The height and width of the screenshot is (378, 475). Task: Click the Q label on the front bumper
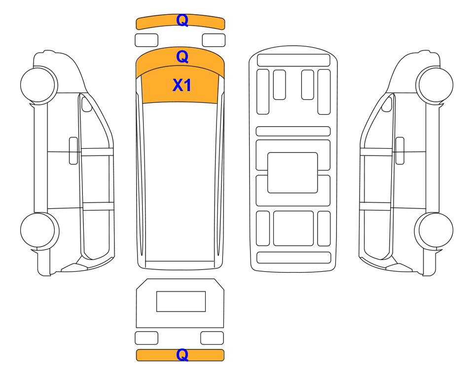[183, 21]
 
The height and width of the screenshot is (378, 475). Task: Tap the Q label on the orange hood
[183, 57]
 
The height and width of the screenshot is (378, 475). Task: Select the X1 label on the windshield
[182, 85]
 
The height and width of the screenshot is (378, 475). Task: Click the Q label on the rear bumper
[183, 355]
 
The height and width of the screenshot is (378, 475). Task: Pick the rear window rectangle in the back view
[181, 301]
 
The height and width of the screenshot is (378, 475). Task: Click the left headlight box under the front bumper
[146, 40]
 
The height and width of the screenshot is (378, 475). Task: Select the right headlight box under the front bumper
[214, 40]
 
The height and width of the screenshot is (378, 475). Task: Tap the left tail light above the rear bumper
[146, 338]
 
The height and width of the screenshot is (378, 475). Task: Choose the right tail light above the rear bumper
[212, 338]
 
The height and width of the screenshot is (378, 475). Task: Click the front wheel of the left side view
[39, 85]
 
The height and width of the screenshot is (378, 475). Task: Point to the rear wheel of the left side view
[39, 231]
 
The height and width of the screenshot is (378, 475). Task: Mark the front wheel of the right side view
[435, 85]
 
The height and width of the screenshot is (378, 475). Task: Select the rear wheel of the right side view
[434, 231]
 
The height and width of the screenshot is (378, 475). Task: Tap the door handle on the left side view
[73, 151]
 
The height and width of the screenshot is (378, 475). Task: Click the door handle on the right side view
[400, 151]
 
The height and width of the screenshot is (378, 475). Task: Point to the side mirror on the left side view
[87, 104]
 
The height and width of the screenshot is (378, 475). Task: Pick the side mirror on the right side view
[387, 104]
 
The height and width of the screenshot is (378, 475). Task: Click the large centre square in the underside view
[292, 173]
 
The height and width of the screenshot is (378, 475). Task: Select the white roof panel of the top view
[180, 182]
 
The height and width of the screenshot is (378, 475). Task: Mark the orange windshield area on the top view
[180, 84]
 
